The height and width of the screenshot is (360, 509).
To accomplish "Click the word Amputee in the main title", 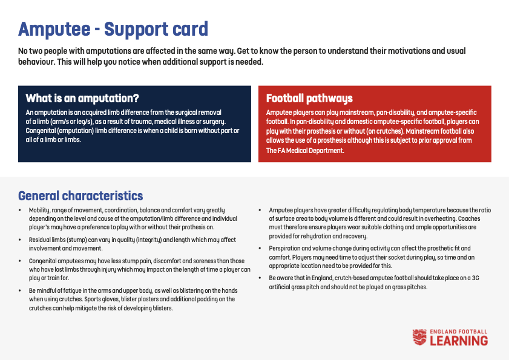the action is click(x=54, y=29).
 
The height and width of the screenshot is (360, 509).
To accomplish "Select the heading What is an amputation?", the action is click(x=82, y=98).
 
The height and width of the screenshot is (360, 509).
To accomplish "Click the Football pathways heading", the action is click(x=309, y=99).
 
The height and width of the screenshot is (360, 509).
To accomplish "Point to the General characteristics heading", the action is click(x=80, y=196).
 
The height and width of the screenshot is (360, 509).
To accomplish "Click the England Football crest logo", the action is click(x=419, y=337).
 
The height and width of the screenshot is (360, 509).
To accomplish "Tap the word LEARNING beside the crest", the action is click(x=459, y=341).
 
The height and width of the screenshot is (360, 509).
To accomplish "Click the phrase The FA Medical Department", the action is click(x=305, y=151).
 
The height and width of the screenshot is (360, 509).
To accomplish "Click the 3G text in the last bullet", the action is click(x=475, y=278).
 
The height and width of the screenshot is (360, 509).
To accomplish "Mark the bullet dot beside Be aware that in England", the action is click(x=260, y=278).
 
